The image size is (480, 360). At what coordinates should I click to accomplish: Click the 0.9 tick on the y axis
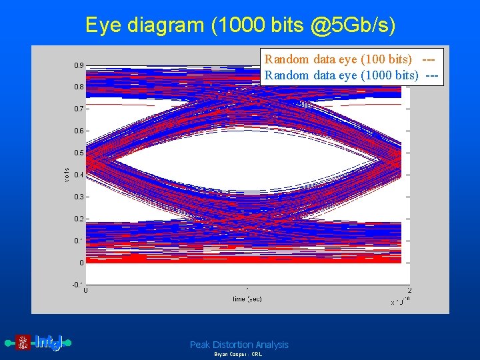pos(79,65)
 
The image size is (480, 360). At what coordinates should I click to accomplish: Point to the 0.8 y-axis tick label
pos(79,87)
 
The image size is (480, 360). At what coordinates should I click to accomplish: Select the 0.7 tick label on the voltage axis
pos(79,109)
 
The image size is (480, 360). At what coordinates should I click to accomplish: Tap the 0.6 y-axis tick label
pos(79,131)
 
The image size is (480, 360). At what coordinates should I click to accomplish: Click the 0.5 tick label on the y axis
pos(79,153)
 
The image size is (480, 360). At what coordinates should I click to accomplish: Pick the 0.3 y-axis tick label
pos(79,197)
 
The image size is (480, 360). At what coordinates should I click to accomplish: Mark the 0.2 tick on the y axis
pos(79,219)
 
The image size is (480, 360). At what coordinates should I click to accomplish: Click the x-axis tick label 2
pos(409,290)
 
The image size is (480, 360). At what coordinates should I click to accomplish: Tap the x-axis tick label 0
pos(86,290)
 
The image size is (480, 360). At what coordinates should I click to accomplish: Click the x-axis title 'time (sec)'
pos(247,299)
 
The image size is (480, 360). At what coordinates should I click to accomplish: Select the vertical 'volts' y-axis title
pos(67,175)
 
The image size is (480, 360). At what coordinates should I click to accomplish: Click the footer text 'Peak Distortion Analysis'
pos(239,345)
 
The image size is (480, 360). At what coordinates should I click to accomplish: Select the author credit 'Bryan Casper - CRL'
pos(238,355)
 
